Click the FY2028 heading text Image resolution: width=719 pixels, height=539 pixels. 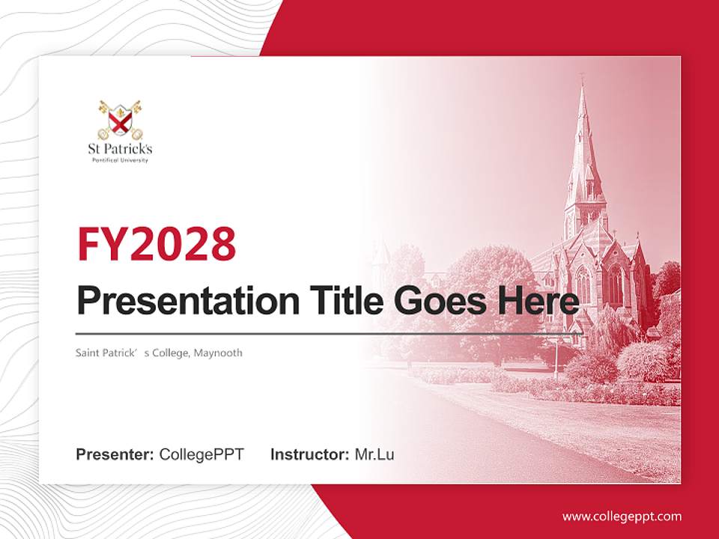click(157, 244)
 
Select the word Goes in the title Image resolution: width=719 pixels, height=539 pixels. click(438, 301)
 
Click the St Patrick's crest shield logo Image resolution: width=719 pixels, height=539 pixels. click(120, 118)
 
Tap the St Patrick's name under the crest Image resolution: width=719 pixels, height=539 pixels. click(120, 150)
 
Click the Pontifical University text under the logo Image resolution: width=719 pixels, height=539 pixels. click(120, 160)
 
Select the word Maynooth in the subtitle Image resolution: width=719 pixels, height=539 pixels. click(218, 353)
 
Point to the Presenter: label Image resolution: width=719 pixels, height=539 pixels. click(115, 454)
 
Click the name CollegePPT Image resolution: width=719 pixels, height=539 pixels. click(201, 454)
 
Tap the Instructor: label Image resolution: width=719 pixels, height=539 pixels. click(309, 454)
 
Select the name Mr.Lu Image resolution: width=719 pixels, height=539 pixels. click(374, 454)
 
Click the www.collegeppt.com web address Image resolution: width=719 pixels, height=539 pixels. click(622, 517)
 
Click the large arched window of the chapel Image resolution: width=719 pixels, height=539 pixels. click(616, 284)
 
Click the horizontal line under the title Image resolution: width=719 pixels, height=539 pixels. click(330, 333)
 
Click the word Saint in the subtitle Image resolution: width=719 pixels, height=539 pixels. click(88, 353)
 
